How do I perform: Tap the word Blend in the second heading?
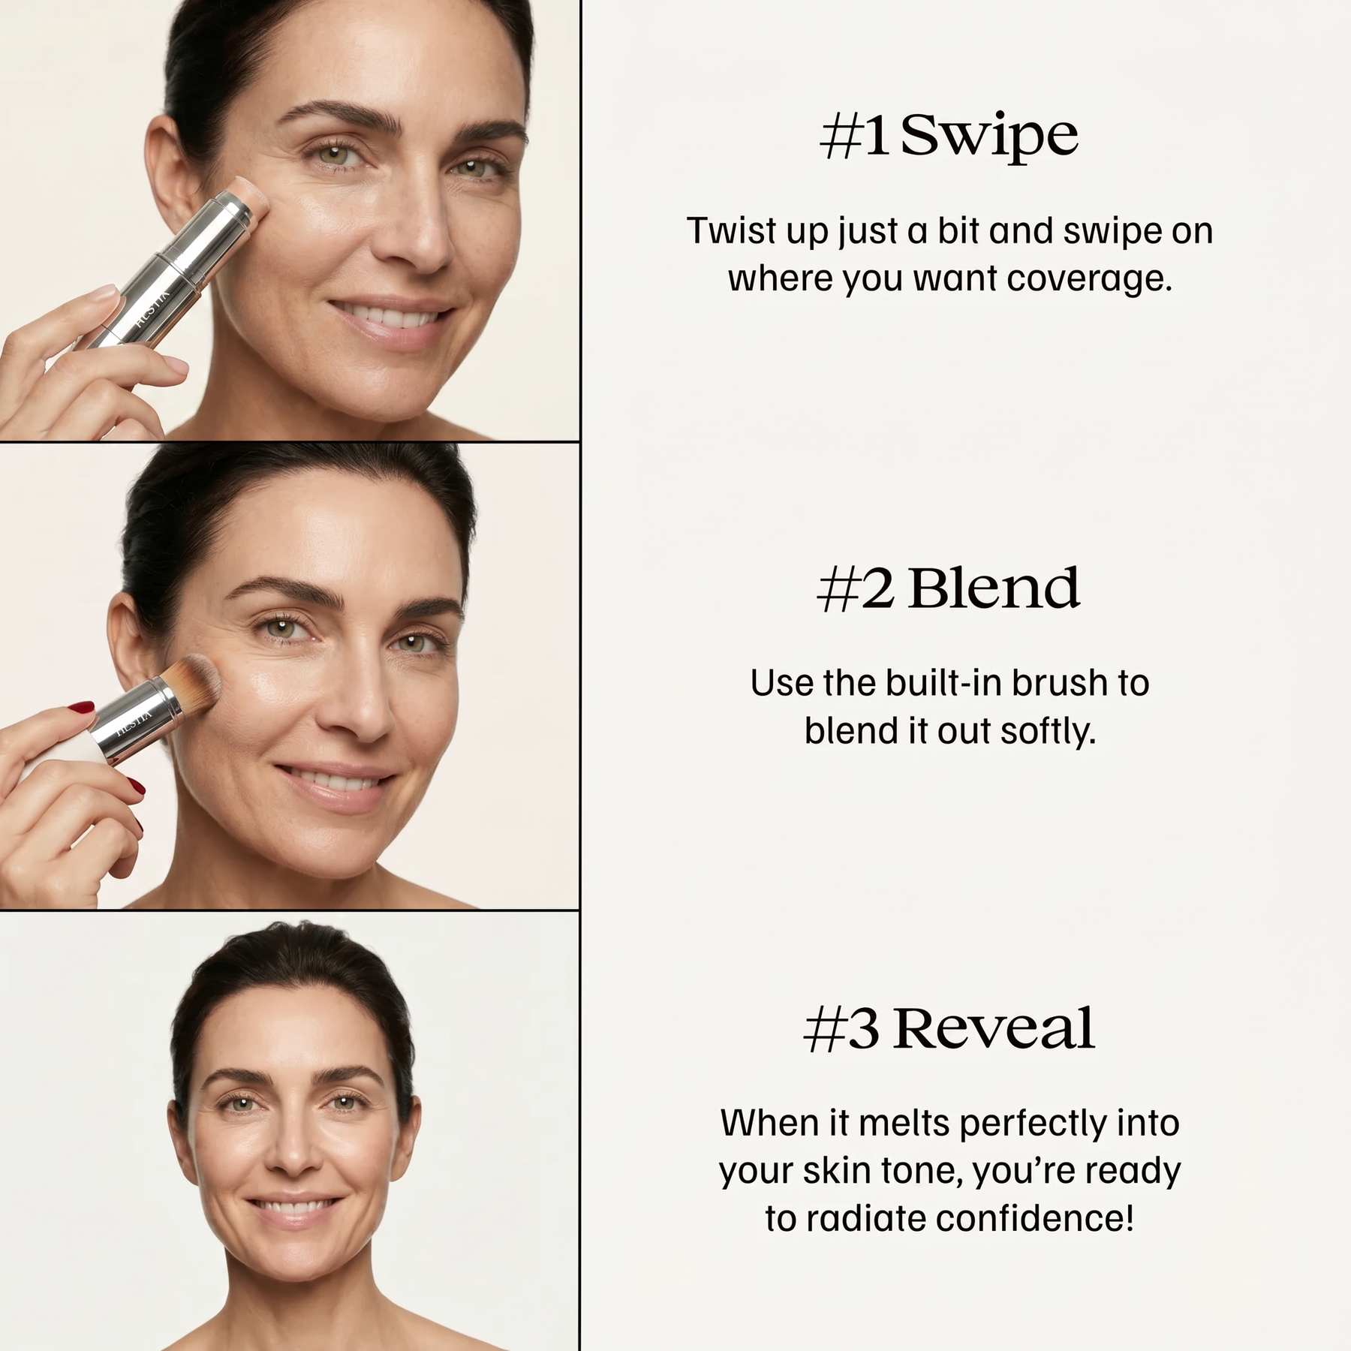994,588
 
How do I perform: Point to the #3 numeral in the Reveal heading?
841,1028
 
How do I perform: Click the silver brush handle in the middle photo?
128,720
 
